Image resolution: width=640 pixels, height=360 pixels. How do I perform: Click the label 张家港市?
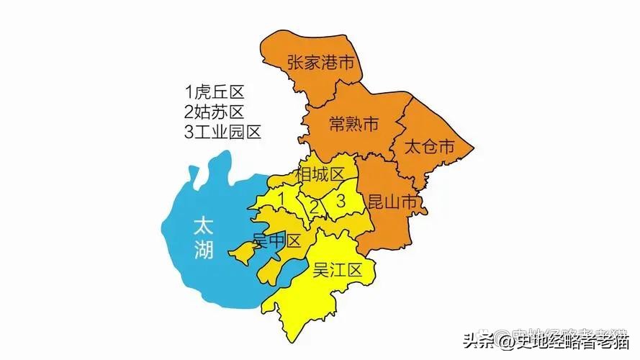click(x=321, y=63)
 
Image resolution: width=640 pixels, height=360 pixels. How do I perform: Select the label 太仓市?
click(x=429, y=148)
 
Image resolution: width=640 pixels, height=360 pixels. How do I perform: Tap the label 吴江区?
click(x=336, y=271)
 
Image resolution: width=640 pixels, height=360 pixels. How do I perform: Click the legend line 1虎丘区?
click(x=215, y=92)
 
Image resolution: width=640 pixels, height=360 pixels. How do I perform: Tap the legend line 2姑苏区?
click(x=215, y=112)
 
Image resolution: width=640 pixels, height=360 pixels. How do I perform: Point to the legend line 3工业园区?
click(x=222, y=132)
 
